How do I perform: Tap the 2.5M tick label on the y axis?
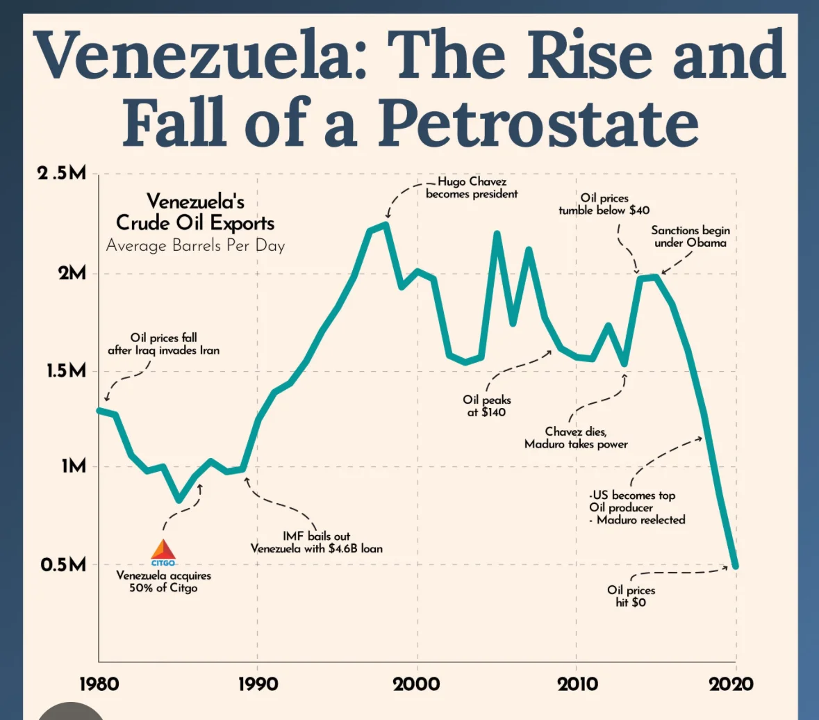coord(62,174)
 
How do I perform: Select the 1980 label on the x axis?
coord(99,684)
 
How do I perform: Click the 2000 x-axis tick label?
coord(417,684)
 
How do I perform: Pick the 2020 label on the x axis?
coord(730,684)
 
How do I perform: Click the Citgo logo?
coord(164,552)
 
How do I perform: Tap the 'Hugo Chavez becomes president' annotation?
coord(472,188)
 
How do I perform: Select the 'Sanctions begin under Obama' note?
coord(690,236)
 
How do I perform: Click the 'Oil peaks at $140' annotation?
coord(486,406)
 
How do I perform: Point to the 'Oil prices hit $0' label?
coord(631,596)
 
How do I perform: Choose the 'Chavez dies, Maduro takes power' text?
coord(576,438)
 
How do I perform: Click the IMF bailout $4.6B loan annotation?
coord(316,542)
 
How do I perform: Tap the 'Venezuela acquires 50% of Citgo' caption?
coord(163,582)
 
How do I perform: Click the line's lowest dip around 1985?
coord(179,499)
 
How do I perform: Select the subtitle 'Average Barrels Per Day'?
coord(195,245)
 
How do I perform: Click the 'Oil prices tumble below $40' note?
coord(604,204)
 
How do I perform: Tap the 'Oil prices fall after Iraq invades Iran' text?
coord(163,344)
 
